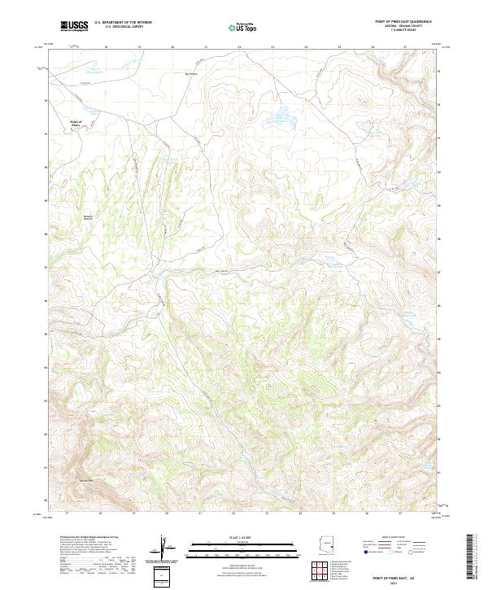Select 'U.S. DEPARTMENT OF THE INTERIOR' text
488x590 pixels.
click(123, 23)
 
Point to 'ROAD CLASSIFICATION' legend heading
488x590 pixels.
click(386, 538)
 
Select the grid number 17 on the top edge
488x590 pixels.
click(72, 47)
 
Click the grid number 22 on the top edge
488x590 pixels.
click(239, 47)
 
